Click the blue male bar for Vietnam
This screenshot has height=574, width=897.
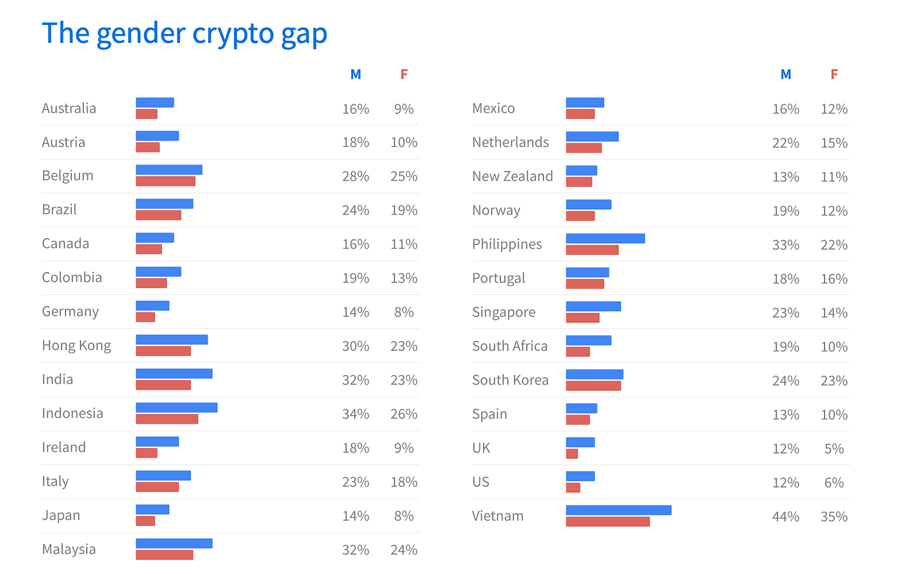(x=618, y=510)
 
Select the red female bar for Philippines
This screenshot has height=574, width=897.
(x=592, y=250)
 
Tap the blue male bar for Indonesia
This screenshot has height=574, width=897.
(x=176, y=408)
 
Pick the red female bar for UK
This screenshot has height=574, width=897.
(x=572, y=454)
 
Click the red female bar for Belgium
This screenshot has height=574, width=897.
(x=165, y=181)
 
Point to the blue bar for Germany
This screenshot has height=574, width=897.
(x=152, y=305)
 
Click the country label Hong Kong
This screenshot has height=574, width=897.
(x=76, y=346)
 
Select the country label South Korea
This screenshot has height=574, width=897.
(x=510, y=380)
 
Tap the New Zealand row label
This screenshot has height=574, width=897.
(x=512, y=176)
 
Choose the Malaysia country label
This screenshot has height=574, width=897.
(x=69, y=549)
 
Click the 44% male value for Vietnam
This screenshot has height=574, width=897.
(x=786, y=516)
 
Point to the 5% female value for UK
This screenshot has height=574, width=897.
(x=834, y=449)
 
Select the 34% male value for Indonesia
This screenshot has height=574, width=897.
(x=356, y=414)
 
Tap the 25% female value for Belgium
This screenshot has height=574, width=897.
(x=404, y=176)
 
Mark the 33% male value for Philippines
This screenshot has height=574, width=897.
(x=786, y=244)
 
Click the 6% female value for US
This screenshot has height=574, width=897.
(x=834, y=482)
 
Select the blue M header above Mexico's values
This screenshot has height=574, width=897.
(x=786, y=74)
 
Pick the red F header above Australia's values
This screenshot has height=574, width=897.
(x=404, y=74)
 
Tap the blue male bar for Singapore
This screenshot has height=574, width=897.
(x=593, y=307)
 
